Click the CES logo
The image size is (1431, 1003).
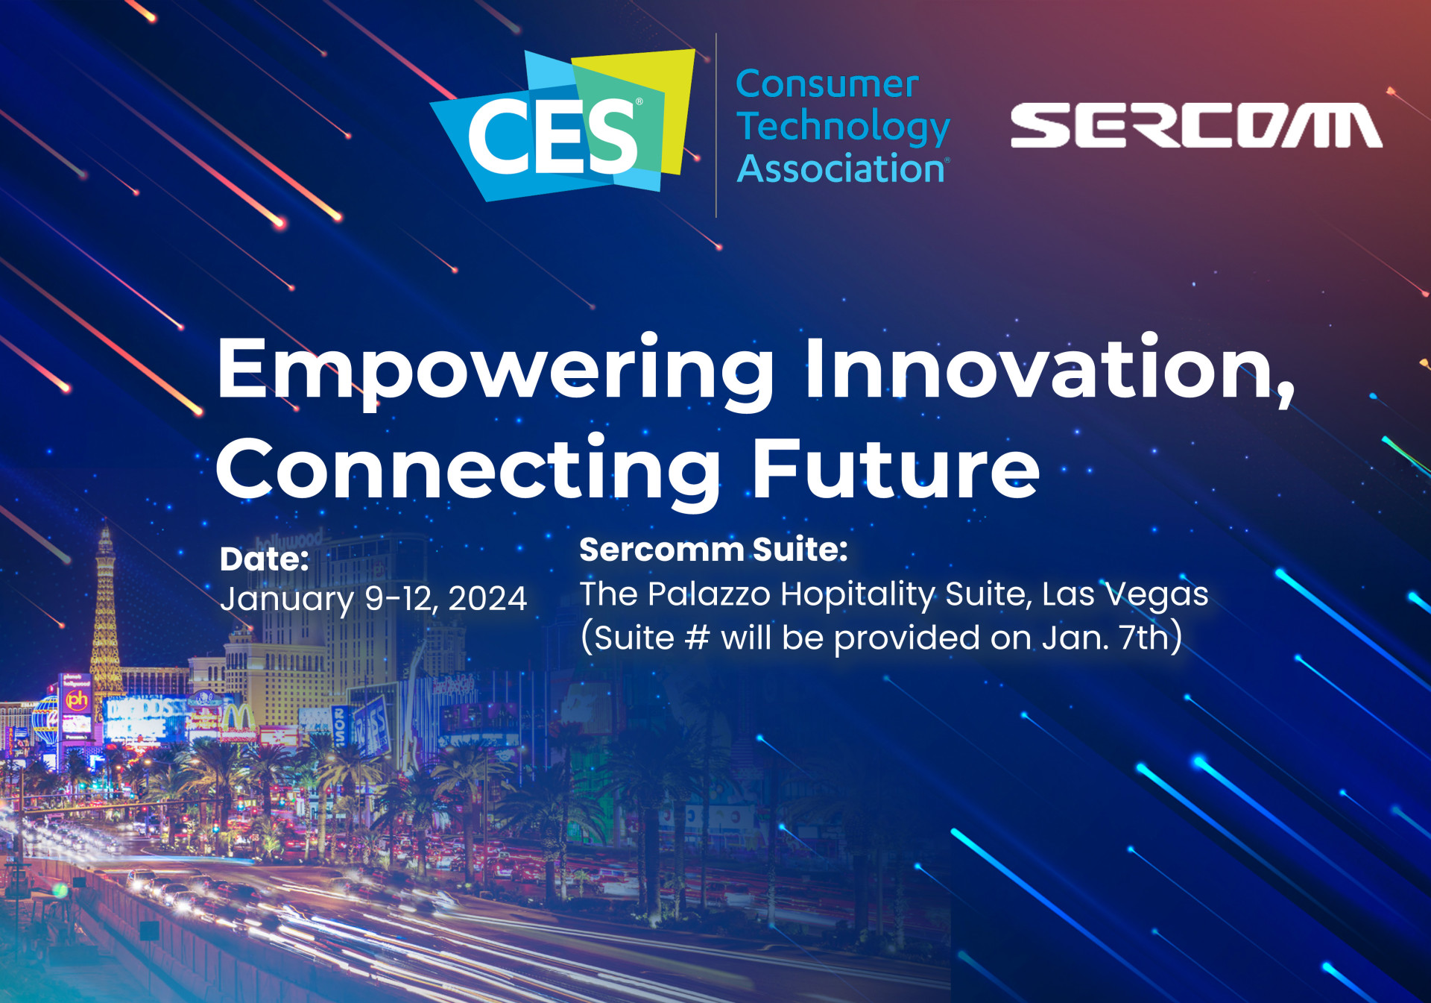563,125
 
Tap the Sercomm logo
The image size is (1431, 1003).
1196,125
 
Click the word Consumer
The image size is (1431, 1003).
827,84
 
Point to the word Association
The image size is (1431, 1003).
843,169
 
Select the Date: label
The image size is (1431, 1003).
264,559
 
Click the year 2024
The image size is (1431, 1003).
487,599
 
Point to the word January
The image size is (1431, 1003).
287,600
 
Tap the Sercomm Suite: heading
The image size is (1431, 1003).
713,550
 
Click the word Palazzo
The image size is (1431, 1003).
709,594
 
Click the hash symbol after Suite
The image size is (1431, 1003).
697,638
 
